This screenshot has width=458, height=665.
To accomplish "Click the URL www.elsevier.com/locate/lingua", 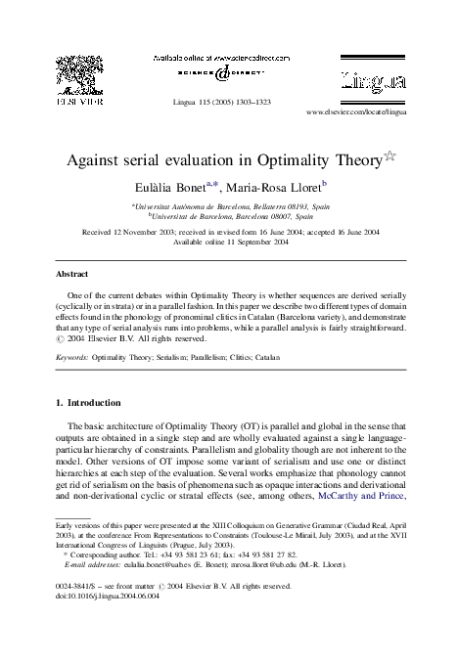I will tap(369, 113).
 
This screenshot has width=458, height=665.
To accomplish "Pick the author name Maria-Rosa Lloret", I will tap(280, 186).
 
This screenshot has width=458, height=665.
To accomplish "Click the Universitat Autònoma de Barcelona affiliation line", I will tap(230, 207).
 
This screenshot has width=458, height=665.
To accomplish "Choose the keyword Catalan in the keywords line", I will tap(266, 359).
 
